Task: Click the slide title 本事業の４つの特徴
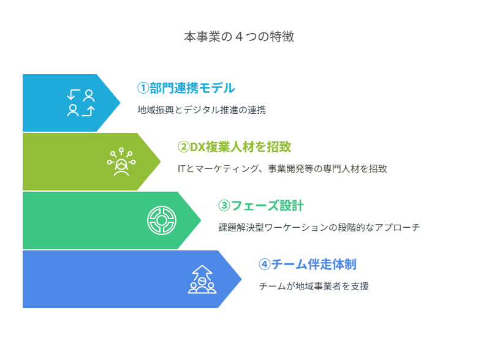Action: (x=239, y=37)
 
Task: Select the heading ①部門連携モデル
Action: (x=186, y=88)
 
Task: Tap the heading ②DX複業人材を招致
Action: (x=235, y=147)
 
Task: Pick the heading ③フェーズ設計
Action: (x=261, y=206)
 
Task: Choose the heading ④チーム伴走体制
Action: (x=308, y=264)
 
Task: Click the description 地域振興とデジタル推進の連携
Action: (x=202, y=110)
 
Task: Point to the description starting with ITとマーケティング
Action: (x=283, y=168)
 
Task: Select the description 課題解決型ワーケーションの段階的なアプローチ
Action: (x=319, y=227)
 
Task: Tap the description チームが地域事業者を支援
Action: (x=314, y=286)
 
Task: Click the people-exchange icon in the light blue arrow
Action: (x=81, y=103)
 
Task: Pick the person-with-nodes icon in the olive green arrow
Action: (x=121, y=162)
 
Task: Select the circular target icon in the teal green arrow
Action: (x=162, y=220)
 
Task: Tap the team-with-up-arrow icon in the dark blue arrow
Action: (x=202, y=279)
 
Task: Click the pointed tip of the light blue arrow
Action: (x=120, y=103)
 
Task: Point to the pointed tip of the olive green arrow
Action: (x=161, y=162)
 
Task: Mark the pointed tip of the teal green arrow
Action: (x=201, y=220)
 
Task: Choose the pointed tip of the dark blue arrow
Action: (x=241, y=279)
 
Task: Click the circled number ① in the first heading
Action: (x=143, y=88)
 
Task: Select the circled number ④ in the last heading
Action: (x=265, y=264)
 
